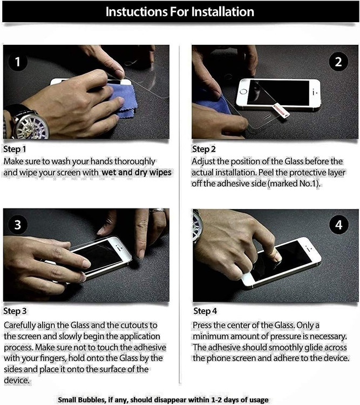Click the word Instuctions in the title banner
point(136,12)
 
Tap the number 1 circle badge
point(18,62)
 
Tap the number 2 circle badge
point(338,62)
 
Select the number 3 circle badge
point(18,225)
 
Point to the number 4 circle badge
point(339,225)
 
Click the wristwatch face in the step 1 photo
point(31,126)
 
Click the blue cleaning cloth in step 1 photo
point(123,99)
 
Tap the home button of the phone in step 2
point(243,91)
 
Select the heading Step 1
point(15,149)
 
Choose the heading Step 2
point(204,149)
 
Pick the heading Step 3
point(15,311)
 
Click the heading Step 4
point(205,311)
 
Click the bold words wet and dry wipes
point(137,172)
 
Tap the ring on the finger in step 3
point(157,211)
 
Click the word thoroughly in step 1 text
point(134,161)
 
